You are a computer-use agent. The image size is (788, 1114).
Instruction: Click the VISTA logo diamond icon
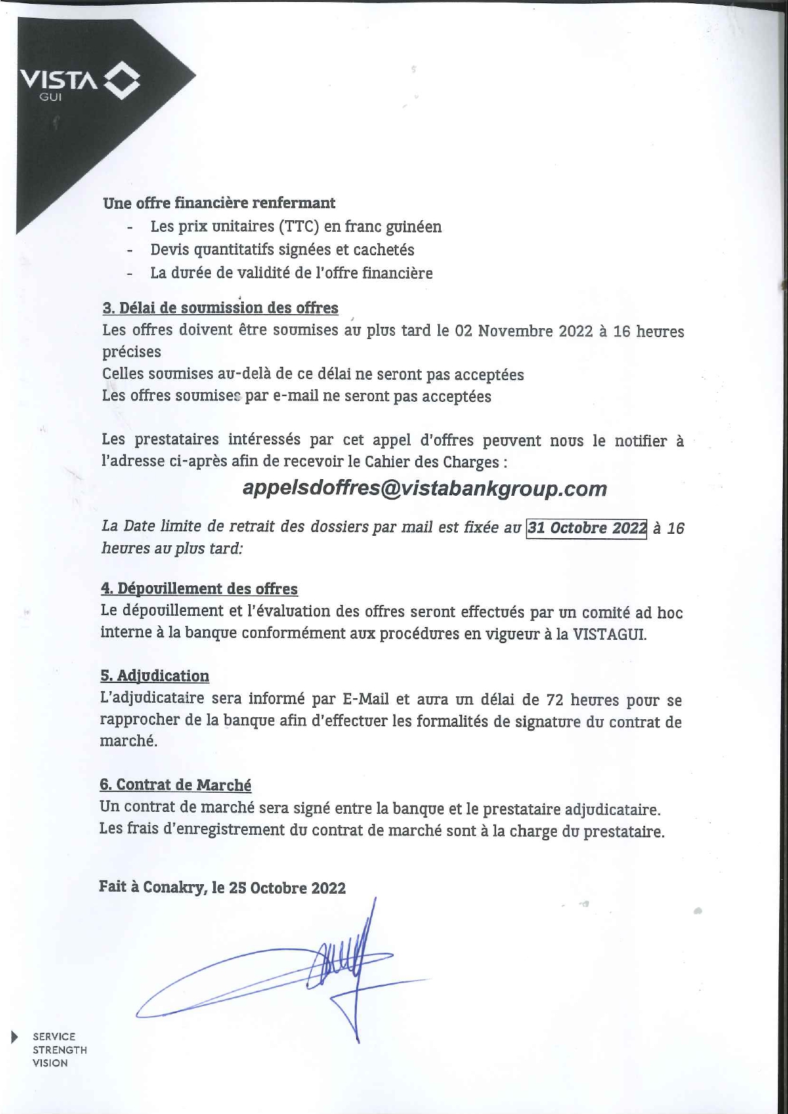coord(121,81)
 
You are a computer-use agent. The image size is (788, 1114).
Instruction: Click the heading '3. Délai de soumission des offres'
coord(220,308)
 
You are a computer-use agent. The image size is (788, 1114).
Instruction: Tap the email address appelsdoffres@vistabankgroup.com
coord(425,489)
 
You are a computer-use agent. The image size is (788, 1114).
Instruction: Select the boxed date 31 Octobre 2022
coord(586,529)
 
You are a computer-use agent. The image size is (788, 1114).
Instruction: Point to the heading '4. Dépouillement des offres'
coord(199,589)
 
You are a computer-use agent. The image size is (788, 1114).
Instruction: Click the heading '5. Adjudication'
coord(155,676)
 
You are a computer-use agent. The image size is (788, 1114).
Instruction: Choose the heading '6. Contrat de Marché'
coord(175,785)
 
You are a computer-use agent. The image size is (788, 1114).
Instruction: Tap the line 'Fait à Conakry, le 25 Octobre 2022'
coord(222,887)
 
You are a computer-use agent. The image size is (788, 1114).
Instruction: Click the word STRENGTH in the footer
coord(60,1050)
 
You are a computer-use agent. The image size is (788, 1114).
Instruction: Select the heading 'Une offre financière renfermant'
coord(219,203)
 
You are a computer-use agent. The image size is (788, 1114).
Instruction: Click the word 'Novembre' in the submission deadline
coord(515,331)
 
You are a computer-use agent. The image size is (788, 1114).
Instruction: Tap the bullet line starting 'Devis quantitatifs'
coord(282,250)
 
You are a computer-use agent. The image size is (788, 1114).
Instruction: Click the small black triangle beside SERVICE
coord(15,1037)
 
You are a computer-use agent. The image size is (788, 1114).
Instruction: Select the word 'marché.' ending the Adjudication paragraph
coord(128,741)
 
